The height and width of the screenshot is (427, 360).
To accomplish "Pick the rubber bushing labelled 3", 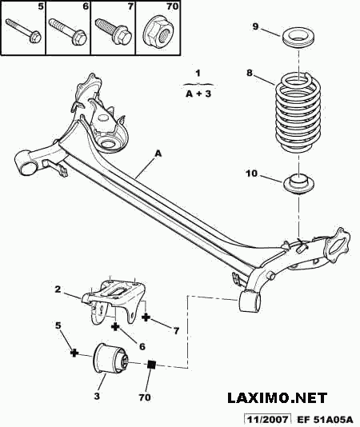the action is (x=110, y=357).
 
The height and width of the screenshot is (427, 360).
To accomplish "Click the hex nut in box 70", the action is (x=158, y=32).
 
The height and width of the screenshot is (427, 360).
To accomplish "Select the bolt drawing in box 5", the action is (x=23, y=30).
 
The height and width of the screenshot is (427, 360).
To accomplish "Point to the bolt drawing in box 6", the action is (x=68, y=30).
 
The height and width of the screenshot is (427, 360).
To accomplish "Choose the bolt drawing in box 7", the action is (x=114, y=30).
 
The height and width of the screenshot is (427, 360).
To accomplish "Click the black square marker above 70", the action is (x=151, y=364).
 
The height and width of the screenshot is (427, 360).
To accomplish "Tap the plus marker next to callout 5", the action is (x=74, y=353).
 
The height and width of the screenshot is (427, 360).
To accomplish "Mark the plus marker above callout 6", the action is (x=115, y=326).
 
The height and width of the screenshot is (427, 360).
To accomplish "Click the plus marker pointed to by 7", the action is (x=146, y=317).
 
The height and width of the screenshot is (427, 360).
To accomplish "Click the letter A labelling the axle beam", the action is (x=158, y=154).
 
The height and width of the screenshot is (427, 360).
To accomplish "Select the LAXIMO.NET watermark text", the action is (x=277, y=398).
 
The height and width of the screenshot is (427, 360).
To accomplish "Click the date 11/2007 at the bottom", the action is (x=266, y=419).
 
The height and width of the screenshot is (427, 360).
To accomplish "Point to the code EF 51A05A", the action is (x=325, y=419).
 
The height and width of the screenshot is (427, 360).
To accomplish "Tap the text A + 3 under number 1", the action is (x=198, y=94).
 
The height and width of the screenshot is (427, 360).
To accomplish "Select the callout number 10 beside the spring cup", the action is (x=251, y=174).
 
